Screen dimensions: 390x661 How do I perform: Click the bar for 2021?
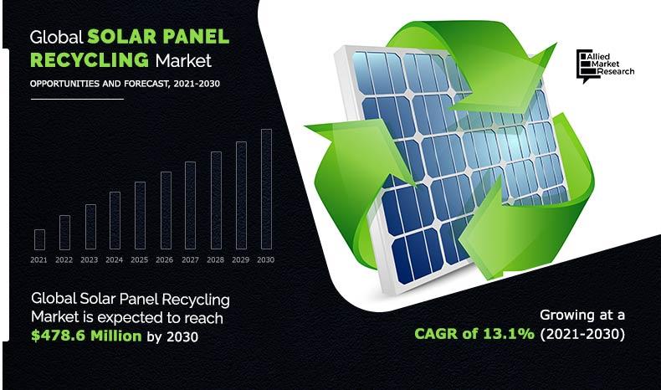click(39, 239)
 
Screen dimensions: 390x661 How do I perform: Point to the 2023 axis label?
click(89, 260)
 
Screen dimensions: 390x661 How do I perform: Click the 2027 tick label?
click(190, 260)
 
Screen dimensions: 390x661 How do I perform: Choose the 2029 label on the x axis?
click(241, 260)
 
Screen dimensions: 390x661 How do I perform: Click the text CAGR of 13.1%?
click(474, 334)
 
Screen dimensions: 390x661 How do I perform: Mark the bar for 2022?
click(64, 233)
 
